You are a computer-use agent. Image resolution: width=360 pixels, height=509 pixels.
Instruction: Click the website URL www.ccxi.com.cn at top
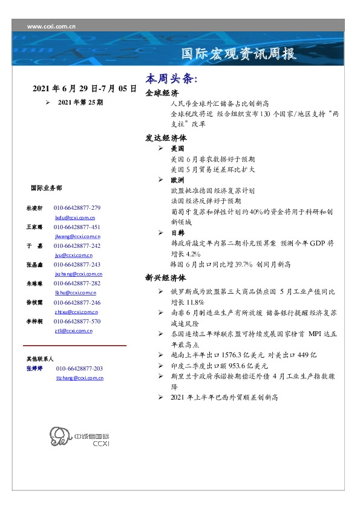pos(52,27)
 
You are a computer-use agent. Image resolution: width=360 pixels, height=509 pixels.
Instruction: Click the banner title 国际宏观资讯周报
pos(240,54)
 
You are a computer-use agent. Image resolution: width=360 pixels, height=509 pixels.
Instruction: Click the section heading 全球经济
pos(162,94)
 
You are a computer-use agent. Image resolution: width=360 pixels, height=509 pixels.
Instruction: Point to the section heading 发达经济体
pos(166,138)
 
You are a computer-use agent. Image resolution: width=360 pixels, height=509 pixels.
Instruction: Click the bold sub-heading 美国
pos(177,148)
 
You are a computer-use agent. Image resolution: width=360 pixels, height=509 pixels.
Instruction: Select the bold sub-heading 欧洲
pos(177,180)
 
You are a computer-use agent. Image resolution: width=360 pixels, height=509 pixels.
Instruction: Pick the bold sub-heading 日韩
pos(177,233)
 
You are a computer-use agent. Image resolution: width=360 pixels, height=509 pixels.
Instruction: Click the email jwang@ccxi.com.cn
pos(77,236)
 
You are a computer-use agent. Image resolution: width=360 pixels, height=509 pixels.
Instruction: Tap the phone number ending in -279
pos(77,207)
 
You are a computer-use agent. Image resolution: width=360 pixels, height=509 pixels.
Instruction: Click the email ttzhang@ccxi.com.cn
pos(79,378)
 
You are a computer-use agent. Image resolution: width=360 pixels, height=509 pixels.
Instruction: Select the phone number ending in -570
pos(77,322)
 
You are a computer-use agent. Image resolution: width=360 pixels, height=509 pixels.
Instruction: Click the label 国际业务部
pos(45,188)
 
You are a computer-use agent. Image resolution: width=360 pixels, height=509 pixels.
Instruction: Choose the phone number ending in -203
pos(79,368)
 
